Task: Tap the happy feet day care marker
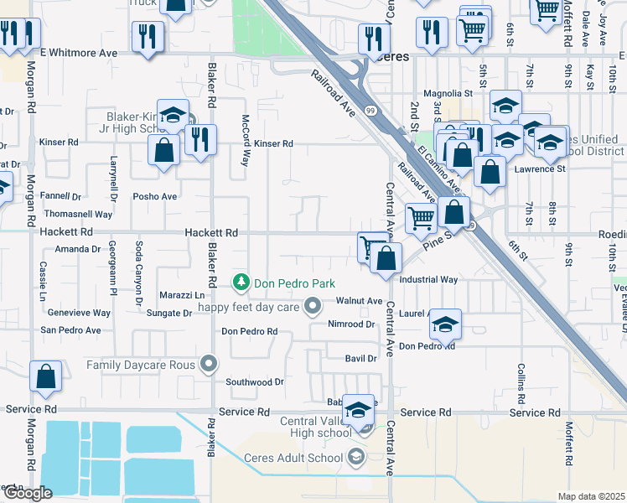pyautogui.click(x=313, y=306)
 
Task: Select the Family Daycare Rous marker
pyautogui.click(x=209, y=364)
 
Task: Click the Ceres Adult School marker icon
pyautogui.click(x=356, y=457)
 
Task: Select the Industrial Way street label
pyautogui.click(x=428, y=279)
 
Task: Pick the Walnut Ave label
pyautogui.click(x=359, y=300)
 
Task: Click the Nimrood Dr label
pyautogui.click(x=350, y=324)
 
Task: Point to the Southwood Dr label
pyautogui.click(x=256, y=381)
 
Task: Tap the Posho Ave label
pyautogui.click(x=155, y=196)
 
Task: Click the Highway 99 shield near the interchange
pyautogui.click(x=370, y=110)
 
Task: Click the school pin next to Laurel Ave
pyautogui.click(x=446, y=322)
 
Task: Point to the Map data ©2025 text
pyautogui.click(x=590, y=496)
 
